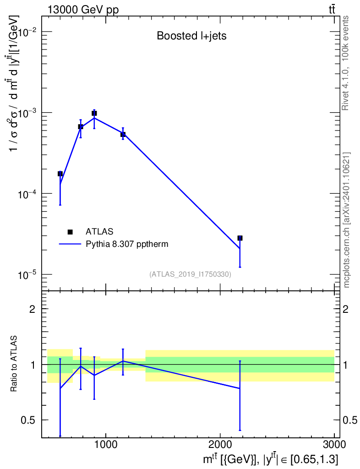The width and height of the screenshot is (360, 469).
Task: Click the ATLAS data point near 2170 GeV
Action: tap(240, 238)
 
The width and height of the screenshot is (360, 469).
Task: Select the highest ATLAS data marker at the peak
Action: tap(94, 113)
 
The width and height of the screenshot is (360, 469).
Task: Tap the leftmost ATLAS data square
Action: tap(60, 174)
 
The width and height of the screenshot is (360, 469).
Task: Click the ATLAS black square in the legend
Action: tap(70, 232)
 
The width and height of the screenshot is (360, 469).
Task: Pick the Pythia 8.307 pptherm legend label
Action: tap(127, 244)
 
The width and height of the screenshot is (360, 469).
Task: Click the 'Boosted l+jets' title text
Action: tap(191, 36)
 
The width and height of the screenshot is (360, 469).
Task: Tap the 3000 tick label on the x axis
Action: tap(334, 444)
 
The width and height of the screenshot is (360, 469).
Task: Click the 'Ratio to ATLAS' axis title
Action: tap(14, 364)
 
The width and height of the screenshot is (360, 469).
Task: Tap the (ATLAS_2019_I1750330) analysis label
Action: tap(190, 274)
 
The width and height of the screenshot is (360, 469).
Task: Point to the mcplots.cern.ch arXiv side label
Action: tap(346, 220)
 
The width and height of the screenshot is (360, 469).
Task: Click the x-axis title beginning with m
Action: tap(270, 458)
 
